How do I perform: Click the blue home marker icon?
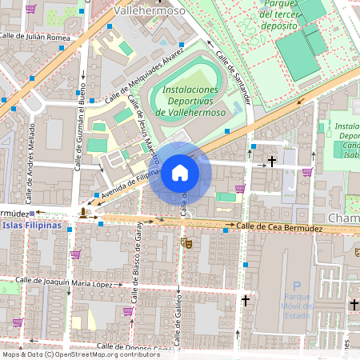click(x=180, y=173)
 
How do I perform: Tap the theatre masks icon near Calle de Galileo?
click(x=186, y=242)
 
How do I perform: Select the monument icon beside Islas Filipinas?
click(x=84, y=213)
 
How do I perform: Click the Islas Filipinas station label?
click(x=31, y=226)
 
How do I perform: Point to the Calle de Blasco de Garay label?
click(x=136, y=261)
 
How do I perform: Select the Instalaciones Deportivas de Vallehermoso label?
click(x=190, y=101)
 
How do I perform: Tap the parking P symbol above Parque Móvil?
click(x=297, y=286)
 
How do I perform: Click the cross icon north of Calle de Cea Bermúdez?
click(x=272, y=162)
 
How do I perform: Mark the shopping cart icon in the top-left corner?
click(x=30, y=9)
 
